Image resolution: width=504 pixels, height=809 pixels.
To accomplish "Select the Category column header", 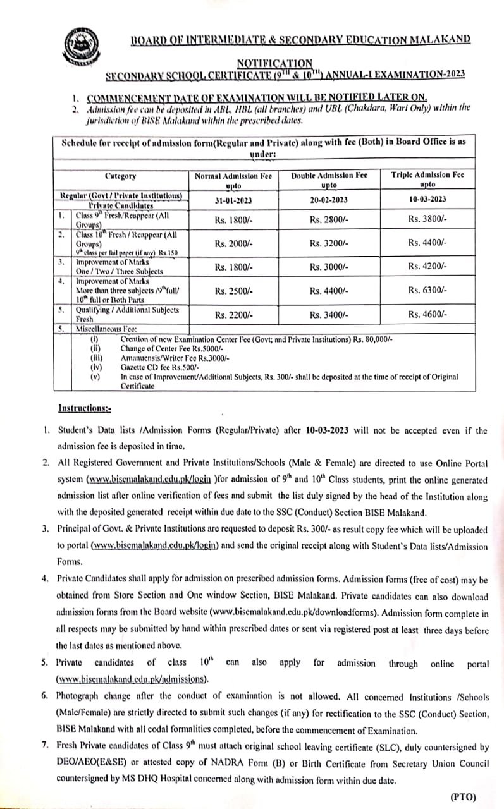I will [120, 176].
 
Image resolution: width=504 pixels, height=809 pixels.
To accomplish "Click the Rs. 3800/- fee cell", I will [427, 220].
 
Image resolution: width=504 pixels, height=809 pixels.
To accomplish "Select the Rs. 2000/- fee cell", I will [233, 243].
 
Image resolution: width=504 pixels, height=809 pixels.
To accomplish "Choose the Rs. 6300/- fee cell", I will [427, 291].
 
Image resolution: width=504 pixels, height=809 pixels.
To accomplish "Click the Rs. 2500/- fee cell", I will [233, 291].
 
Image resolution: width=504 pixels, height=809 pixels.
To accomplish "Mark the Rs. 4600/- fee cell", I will [427, 314].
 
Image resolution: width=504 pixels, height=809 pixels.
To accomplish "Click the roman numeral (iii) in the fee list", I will [96, 357].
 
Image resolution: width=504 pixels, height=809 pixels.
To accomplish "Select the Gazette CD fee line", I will [159, 367].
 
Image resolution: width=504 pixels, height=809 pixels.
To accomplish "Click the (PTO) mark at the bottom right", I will [463, 797].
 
